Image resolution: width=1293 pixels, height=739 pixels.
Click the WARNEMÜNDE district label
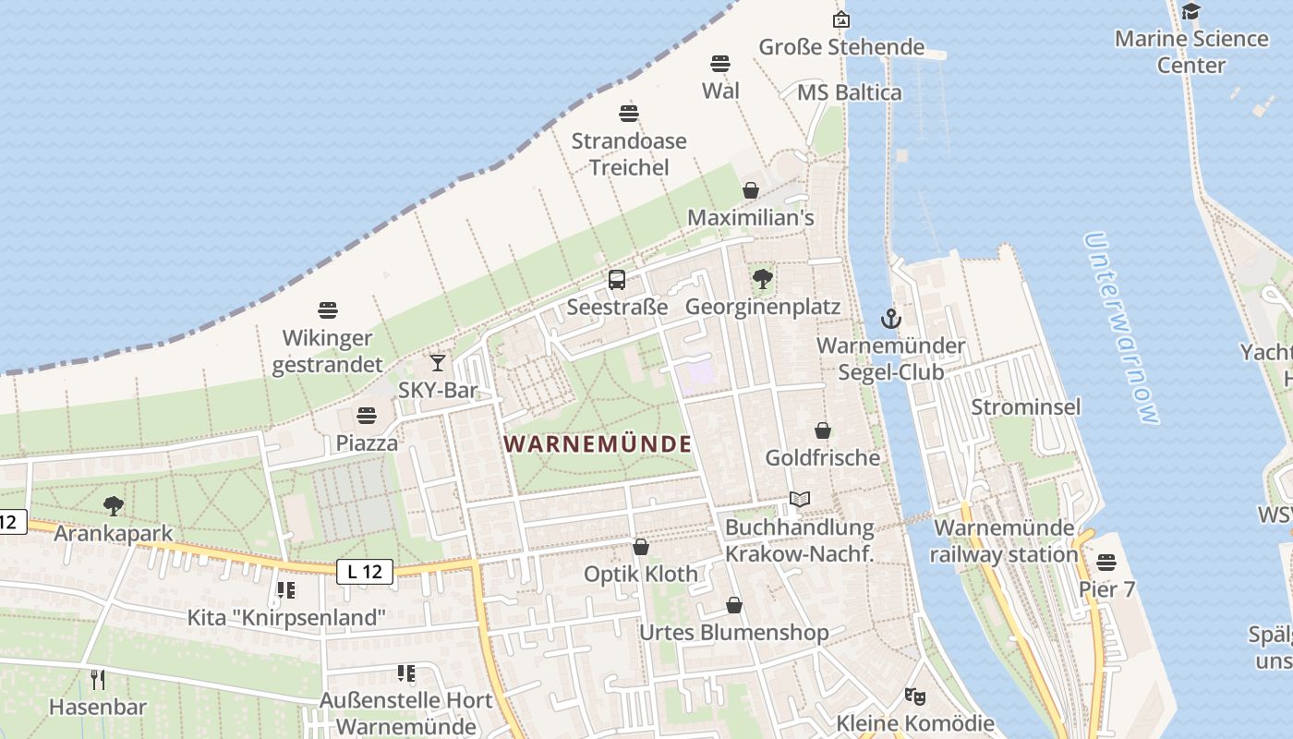598,443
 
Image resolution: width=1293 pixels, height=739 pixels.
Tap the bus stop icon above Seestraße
617,279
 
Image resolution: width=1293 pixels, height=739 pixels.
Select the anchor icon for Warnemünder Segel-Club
890,320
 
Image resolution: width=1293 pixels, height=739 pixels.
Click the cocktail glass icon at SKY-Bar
438,363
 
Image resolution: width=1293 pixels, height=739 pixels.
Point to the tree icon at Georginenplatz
762,279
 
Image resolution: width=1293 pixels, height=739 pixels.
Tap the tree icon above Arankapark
114,506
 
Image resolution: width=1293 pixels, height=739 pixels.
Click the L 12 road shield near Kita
365,572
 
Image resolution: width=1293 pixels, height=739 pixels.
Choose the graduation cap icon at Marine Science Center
1191,11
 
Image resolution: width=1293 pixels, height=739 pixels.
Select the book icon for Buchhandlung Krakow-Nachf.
799,500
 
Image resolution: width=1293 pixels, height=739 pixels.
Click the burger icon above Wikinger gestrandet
328,310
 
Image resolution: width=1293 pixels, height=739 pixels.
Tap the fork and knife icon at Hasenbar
98,681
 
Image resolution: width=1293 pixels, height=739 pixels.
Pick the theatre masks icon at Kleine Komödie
915,696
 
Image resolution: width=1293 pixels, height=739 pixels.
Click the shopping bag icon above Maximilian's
751,190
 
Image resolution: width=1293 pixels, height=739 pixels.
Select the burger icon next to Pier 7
1106,563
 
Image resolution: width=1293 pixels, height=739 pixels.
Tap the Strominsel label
1025,406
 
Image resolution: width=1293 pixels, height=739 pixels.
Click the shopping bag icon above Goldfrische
823,430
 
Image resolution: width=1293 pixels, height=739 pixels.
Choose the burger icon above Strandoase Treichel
629,114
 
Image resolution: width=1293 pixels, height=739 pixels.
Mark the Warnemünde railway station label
1004,541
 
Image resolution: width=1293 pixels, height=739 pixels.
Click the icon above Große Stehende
841,19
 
